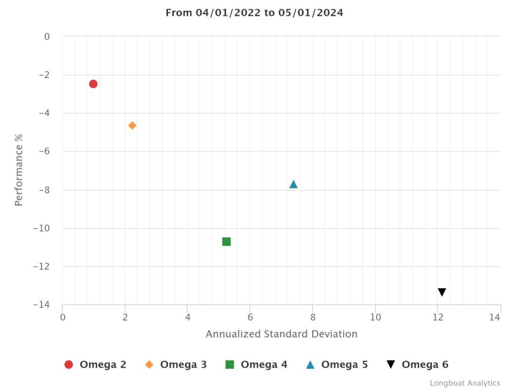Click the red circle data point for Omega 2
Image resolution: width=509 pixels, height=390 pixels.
tap(93, 84)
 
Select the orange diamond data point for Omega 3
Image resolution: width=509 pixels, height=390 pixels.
tap(132, 126)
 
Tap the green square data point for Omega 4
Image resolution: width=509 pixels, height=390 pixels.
tap(227, 242)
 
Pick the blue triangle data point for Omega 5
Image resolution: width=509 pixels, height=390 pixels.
tap(293, 184)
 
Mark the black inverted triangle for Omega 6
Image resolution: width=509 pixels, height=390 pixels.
tap(442, 292)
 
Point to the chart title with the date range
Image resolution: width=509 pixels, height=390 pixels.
tap(254, 13)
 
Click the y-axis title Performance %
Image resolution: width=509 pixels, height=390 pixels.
tap(19, 169)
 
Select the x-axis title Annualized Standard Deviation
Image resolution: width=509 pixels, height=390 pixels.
tap(281, 334)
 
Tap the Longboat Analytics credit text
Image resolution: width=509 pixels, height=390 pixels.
tap(465, 383)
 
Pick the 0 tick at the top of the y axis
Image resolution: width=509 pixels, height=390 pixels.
tap(47, 37)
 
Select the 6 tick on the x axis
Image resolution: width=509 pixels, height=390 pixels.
tap(250, 317)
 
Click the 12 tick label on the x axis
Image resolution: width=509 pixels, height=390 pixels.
tap(437, 317)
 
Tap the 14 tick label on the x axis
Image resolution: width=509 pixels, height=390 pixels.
tap(494, 317)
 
